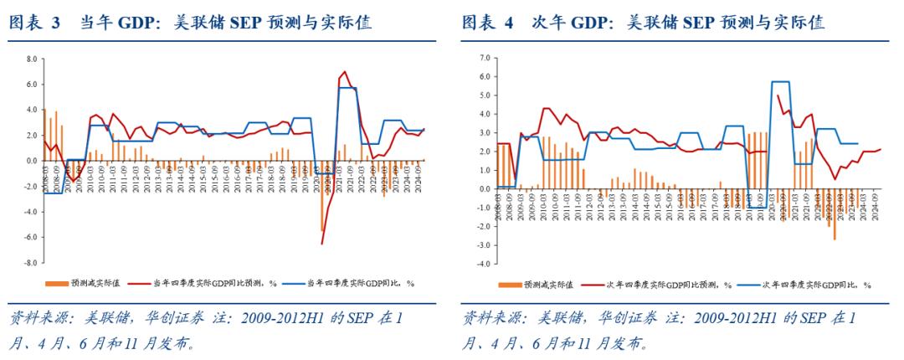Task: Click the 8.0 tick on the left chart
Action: (32, 59)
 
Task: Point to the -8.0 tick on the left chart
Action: (30, 263)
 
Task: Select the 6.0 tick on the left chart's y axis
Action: (32, 85)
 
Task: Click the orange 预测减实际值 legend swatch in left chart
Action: (55, 284)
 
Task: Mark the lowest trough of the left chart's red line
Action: (322, 244)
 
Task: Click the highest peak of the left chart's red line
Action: (345, 72)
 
